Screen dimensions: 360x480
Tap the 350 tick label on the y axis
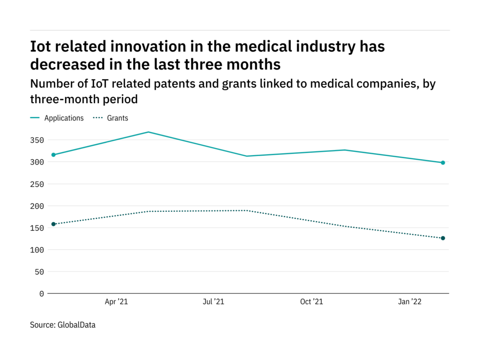[x=38, y=140]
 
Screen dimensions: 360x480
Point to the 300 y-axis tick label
[x=38, y=162]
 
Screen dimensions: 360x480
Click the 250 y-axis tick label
[x=38, y=184]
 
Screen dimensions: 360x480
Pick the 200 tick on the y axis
[x=38, y=206]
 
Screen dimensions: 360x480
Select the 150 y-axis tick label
[x=38, y=228]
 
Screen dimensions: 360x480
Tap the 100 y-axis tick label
[x=38, y=250]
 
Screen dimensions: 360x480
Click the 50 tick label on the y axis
[x=40, y=272]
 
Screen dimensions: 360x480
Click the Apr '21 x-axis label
[x=116, y=302]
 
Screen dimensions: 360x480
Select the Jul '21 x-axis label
[x=213, y=302]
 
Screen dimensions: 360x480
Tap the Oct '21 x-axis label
[x=312, y=302]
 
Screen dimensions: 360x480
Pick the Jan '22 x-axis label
[x=410, y=302]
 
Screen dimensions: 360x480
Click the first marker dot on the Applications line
[x=53, y=155]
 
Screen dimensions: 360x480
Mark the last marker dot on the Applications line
[x=442, y=163]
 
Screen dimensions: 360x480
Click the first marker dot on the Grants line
[x=53, y=224]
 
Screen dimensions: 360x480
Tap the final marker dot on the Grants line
[x=442, y=238]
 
